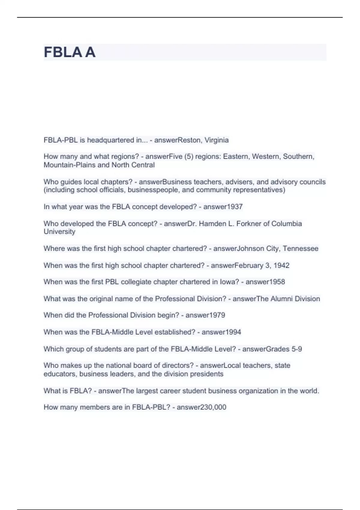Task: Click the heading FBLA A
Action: [x=70, y=52]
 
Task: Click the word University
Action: [x=59, y=232]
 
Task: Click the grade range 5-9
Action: [x=296, y=349]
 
